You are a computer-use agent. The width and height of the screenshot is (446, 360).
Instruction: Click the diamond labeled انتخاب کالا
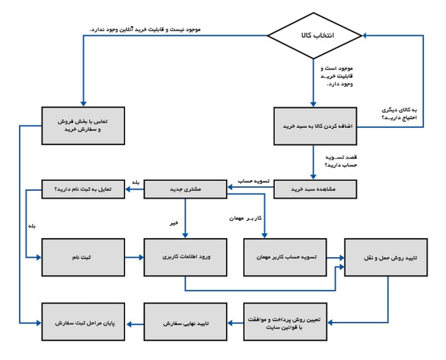click(315, 36)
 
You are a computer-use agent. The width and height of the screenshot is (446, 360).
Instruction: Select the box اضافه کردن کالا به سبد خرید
click(315, 126)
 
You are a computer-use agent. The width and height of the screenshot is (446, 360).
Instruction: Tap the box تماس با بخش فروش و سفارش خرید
click(83, 126)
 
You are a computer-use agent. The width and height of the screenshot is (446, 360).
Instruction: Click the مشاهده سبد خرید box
click(315, 189)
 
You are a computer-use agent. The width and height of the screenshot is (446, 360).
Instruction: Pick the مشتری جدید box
click(185, 189)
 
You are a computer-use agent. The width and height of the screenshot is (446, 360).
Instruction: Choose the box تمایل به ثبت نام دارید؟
click(83, 189)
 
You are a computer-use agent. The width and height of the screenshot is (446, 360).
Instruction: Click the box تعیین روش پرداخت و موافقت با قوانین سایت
click(285, 322)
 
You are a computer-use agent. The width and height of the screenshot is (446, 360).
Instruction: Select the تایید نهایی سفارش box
click(185, 322)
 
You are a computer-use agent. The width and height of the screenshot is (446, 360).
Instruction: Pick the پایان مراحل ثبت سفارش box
click(83, 322)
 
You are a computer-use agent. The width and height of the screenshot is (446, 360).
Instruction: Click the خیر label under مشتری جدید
click(174, 222)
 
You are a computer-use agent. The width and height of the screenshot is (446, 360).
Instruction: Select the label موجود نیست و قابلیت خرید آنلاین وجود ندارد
click(144, 30)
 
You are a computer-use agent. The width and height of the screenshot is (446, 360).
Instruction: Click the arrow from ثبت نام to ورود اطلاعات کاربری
click(134, 258)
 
